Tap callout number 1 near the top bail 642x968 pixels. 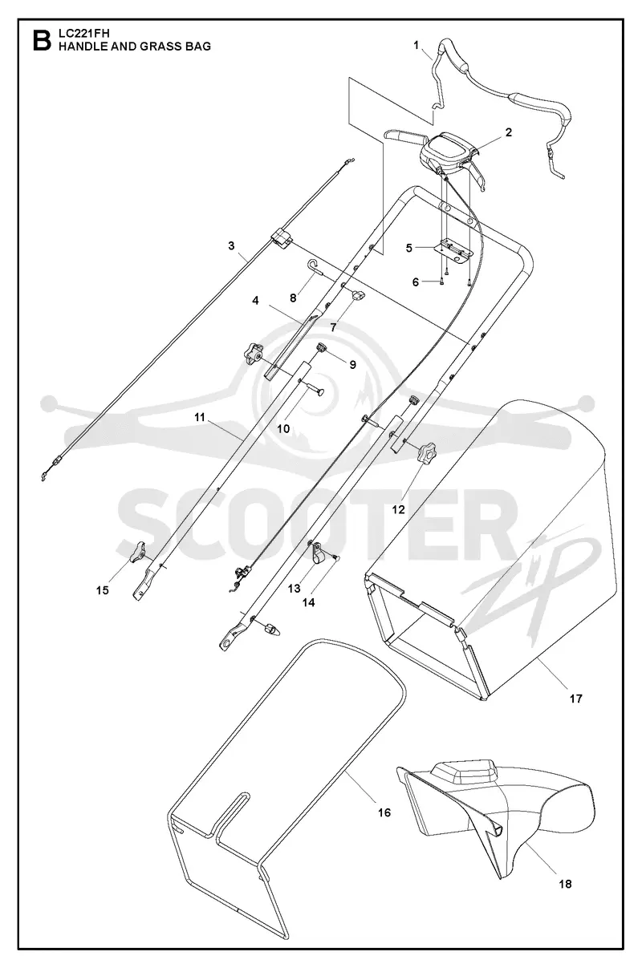coord(416,45)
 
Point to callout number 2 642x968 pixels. coord(509,132)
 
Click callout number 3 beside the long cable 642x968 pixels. coord(231,245)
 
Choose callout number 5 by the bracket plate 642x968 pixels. coord(409,248)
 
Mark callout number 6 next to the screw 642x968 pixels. coord(416,282)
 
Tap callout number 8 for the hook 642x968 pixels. coord(293,298)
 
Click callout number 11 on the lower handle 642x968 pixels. coord(199,417)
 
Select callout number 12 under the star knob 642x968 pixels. coord(398,509)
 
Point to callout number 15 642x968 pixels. coord(103,590)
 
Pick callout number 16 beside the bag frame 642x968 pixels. coord(384,812)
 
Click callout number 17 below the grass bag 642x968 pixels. coord(576,699)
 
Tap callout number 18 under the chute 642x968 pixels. coord(565,884)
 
